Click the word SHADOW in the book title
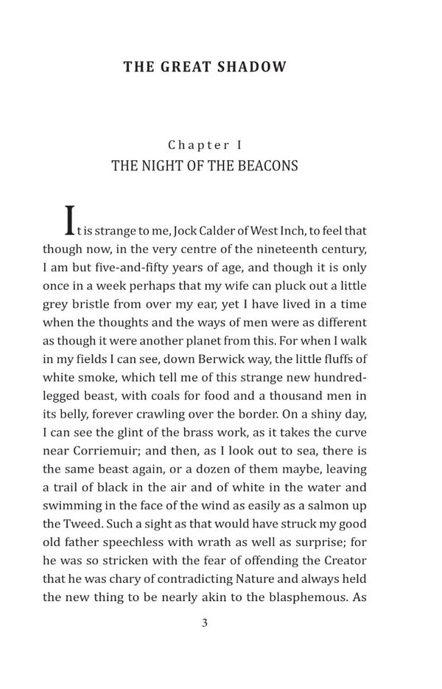click(x=250, y=67)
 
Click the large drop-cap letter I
click(x=70, y=219)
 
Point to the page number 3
click(x=205, y=623)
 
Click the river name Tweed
click(x=87, y=524)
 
